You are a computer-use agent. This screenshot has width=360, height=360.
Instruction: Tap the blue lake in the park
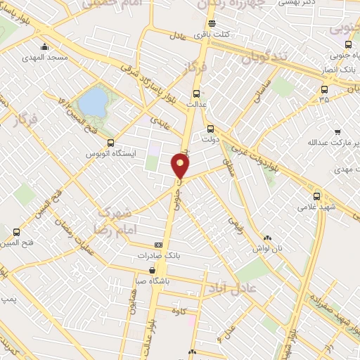91,103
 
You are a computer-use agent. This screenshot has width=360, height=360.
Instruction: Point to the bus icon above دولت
211,129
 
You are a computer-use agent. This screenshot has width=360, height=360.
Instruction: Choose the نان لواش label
267,248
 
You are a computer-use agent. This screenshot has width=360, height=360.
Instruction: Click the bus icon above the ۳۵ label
323,89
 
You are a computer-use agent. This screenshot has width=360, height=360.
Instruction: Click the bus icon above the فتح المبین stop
16,232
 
